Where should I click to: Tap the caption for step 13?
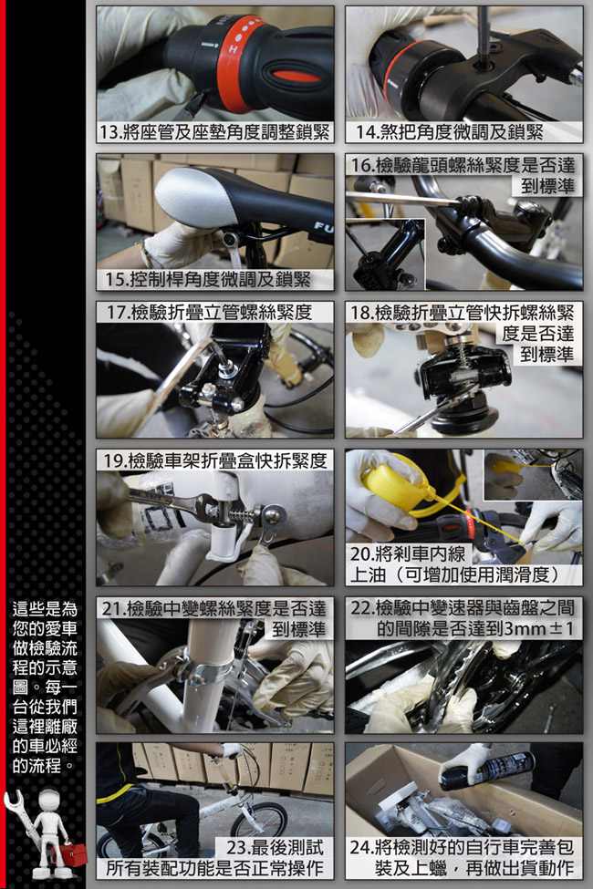pos(214,132)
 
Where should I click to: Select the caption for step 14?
pos(449,132)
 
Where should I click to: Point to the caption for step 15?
pos(208,279)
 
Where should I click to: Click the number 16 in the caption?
pos(361,166)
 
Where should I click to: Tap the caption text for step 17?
pos(210,313)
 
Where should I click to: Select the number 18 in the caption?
pos(361,313)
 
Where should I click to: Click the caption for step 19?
pos(214,460)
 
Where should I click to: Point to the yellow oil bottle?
pos(391,488)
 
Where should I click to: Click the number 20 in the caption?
pos(361,554)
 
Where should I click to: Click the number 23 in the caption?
pos(238,848)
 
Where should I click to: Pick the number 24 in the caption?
pos(361,848)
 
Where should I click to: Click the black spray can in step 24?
pos(488,771)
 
